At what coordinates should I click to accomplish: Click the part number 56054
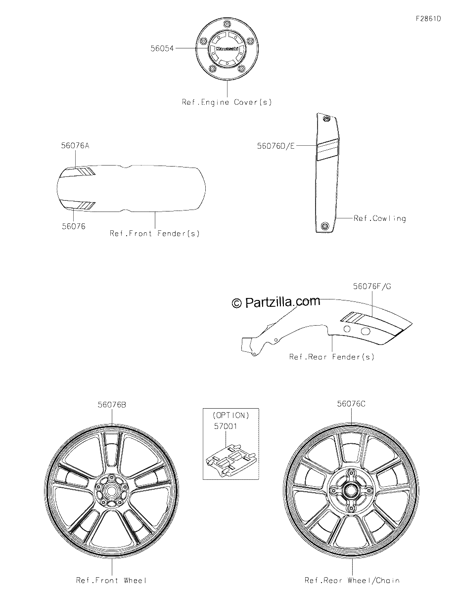162,48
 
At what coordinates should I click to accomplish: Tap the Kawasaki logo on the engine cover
227,48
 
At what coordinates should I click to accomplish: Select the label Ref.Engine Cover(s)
227,102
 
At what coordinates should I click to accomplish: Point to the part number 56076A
75,146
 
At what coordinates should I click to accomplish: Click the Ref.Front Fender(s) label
155,234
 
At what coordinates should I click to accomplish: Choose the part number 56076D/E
276,146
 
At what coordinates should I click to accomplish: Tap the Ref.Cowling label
379,218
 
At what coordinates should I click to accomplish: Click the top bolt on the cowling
326,119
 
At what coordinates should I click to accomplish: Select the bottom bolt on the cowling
324,226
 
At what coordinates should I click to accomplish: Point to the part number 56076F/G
372,286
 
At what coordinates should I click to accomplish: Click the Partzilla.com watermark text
276,302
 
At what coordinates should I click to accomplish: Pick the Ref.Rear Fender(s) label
332,357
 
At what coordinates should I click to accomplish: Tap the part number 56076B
112,405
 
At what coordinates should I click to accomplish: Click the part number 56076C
351,404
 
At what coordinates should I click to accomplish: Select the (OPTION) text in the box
230,415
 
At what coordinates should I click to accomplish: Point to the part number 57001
226,426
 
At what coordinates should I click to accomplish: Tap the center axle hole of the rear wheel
351,490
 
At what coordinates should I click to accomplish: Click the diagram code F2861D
428,19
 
